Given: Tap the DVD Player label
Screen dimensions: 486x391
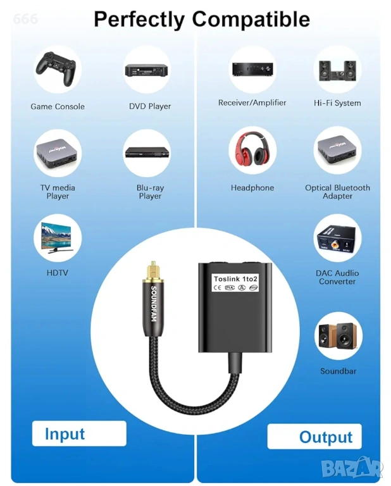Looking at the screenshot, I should tap(150, 106).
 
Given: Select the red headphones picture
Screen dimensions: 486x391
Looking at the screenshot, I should tap(252, 153).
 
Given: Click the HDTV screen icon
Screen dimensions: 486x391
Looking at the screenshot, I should tap(58, 239).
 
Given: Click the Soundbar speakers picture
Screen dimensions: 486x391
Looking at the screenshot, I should tap(337, 337).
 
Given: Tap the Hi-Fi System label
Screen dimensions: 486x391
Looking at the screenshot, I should tap(337, 103).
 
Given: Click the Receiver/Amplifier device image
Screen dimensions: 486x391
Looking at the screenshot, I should tap(252, 68).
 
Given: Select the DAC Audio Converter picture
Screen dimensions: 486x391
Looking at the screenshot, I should tap(337, 239).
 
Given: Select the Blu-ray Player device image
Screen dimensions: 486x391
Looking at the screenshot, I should tap(146, 153).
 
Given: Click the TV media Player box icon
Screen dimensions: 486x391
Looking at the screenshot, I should tap(58, 153).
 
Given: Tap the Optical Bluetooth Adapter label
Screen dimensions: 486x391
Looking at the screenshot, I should tap(337, 192).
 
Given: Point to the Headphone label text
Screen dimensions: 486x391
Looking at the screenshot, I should tap(252, 188).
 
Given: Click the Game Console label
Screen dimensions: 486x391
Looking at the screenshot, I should tap(58, 106).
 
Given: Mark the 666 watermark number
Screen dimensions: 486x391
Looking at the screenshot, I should tap(25, 20).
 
